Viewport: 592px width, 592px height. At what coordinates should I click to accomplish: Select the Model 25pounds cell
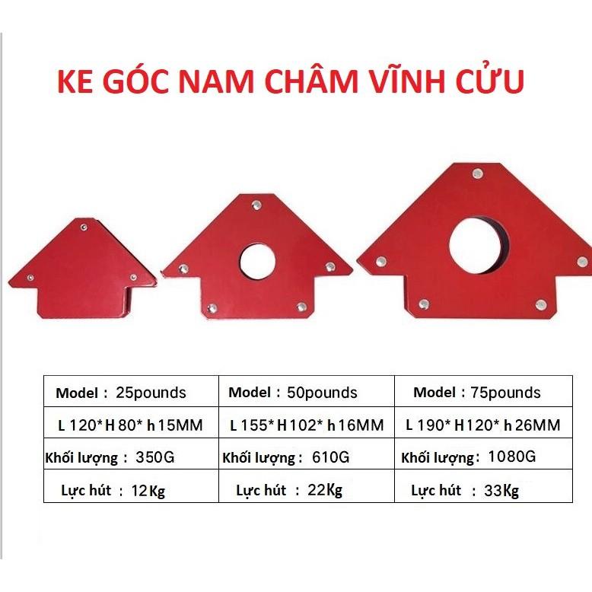point(120,393)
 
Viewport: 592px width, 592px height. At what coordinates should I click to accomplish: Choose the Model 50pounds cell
point(293,393)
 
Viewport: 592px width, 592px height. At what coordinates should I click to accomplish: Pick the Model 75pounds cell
point(477,393)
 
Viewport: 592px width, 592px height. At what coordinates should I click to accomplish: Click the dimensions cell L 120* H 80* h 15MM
point(130,425)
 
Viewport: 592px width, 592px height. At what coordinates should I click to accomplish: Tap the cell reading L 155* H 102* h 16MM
point(307,425)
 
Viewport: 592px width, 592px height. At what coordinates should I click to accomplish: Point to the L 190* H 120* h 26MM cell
point(483,425)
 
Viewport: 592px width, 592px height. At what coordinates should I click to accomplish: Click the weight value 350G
point(155,458)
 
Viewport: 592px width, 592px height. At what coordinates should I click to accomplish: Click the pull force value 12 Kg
point(148,491)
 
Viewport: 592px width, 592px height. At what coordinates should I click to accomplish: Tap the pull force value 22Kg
point(325,491)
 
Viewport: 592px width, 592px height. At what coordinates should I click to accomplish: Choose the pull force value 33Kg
point(501,491)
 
